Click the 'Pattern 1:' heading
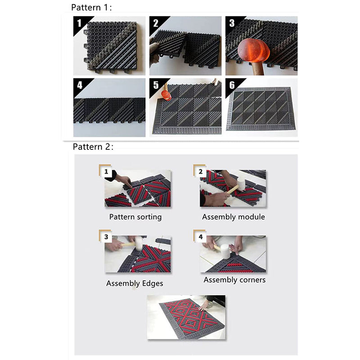pyautogui.click(x=91, y=7)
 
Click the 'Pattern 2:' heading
pyautogui.click(x=93, y=147)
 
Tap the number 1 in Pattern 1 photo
pyautogui.click(x=79, y=23)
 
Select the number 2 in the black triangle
pyautogui.click(x=155, y=23)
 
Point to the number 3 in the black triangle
pyautogui.click(x=232, y=23)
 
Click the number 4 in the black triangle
pyautogui.click(x=80, y=85)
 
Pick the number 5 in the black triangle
pyautogui.click(x=156, y=85)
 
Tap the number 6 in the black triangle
pyautogui.click(x=232, y=85)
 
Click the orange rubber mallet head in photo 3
pyautogui.click(x=253, y=50)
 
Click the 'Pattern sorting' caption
pyautogui.click(x=135, y=217)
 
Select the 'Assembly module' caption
pyautogui.click(x=234, y=217)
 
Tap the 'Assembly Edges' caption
pyautogui.click(x=135, y=283)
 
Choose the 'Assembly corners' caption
pyautogui.click(x=234, y=280)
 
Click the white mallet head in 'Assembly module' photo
pyautogui.click(x=241, y=184)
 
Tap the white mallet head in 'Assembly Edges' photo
pyautogui.click(x=139, y=244)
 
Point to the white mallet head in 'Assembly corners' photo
pyautogui.click(x=225, y=251)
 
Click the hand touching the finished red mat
pyautogui.click(x=204, y=305)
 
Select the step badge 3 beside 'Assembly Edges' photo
pyautogui.click(x=106, y=236)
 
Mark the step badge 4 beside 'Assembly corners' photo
pyautogui.click(x=200, y=236)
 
